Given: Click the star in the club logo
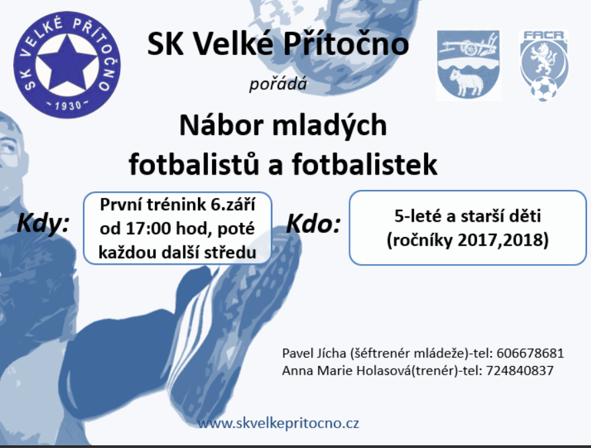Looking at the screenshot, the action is pyautogui.click(x=67, y=64).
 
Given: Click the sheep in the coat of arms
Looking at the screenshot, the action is pyautogui.click(x=466, y=81).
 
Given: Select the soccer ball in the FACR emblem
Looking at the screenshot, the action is pyautogui.click(x=543, y=89).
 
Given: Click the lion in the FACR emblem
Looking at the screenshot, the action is pyautogui.click(x=543, y=59).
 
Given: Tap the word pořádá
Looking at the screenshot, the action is pyautogui.click(x=278, y=83).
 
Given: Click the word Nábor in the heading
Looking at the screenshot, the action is pyautogui.click(x=221, y=125).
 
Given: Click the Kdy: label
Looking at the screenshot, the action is pyautogui.click(x=43, y=223).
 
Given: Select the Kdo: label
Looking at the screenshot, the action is pyautogui.click(x=313, y=224).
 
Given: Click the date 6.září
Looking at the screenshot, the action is pyautogui.click(x=233, y=204).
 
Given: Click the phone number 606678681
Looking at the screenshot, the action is pyautogui.click(x=530, y=353).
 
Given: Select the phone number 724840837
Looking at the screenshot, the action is pyautogui.click(x=519, y=371).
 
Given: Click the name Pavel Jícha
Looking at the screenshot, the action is pyautogui.click(x=314, y=353).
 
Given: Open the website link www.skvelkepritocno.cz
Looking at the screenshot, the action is pyautogui.click(x=278, y=423).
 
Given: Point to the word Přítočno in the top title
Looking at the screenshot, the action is pyautogui.click(x=346, y=43).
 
